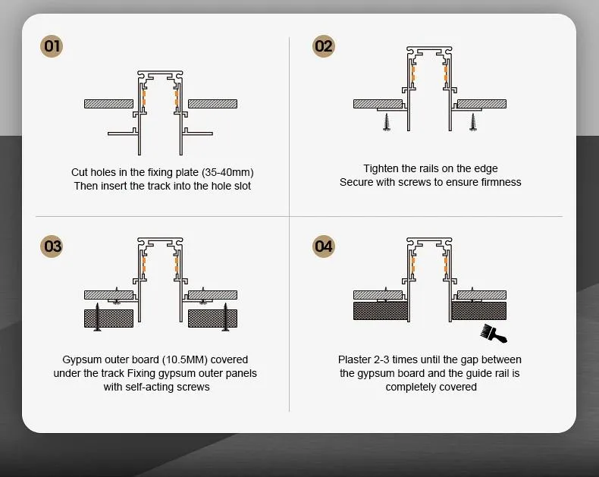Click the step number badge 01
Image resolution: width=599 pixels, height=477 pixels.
(x=52, y=46)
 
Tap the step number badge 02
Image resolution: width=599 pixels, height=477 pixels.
(x=324, y=46)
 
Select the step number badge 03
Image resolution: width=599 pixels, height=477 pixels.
(x=52, y=246)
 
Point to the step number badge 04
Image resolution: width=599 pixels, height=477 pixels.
(x=324, y=246)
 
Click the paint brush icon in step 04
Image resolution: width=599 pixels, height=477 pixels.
(x=493, y=332)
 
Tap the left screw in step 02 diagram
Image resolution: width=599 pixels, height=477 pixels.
(x=387, y=121)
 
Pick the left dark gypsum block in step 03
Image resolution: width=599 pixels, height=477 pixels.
(x=108, y=318)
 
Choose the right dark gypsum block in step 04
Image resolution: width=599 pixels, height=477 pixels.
(x=478, y=310)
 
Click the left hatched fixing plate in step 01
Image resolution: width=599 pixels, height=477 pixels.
(x=108, y=103)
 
